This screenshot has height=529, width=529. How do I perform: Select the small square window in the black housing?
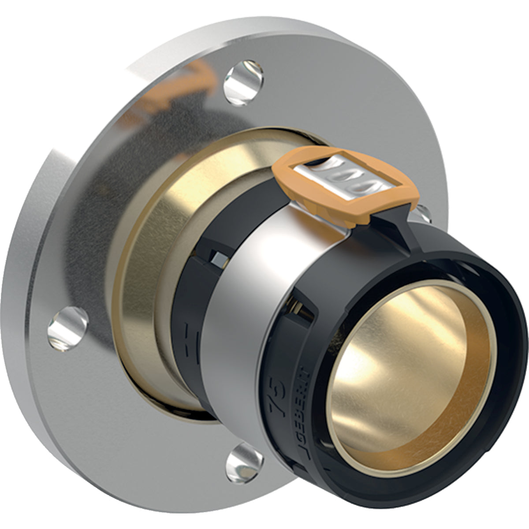pyautogui.click(x=216, y=256)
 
